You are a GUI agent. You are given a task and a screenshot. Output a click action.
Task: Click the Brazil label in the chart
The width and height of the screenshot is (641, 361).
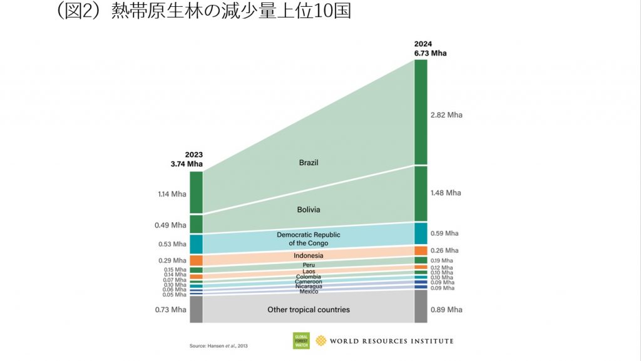click(x=309, y=163)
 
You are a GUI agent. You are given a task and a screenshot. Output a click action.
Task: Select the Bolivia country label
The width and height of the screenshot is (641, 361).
click(x=309, y=210)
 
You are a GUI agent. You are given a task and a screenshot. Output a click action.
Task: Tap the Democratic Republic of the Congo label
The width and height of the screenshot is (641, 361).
click(x=309, y=239)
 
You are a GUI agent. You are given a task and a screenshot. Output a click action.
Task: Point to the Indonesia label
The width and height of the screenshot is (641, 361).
click(x=309, y=256)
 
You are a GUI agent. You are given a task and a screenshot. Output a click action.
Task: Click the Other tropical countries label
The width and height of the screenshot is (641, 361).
click(x=309, y=310)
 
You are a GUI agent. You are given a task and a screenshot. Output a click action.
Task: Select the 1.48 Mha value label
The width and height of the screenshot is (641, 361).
click(x=446, y=193)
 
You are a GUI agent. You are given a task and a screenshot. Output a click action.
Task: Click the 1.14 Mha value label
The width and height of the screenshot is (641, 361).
click(x=172, y=194)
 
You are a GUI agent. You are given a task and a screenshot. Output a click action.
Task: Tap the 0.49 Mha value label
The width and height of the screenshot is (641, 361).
click(x=172, y=225)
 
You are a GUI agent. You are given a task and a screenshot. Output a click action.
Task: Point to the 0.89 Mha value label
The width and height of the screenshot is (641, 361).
click(x=446, y=310)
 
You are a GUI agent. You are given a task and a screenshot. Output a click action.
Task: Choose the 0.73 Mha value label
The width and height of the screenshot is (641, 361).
click(x=172, y=310)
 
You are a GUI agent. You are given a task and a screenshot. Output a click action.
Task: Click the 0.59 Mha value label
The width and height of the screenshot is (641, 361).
click(x=446, y=233)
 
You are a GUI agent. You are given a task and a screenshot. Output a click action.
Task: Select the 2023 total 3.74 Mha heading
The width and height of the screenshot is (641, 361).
click(x=187, y=160)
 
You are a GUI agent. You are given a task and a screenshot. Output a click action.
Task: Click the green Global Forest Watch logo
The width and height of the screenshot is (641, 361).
click(x=301, y=341)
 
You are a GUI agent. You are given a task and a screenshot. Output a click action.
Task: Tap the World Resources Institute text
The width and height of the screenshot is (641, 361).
click(x=391, y=341)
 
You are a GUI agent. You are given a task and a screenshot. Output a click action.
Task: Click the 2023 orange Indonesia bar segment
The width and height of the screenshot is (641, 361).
click(x=196, y=260)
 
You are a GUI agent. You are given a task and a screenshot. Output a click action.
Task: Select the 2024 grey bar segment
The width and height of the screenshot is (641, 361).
click(x=421, y=307)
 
